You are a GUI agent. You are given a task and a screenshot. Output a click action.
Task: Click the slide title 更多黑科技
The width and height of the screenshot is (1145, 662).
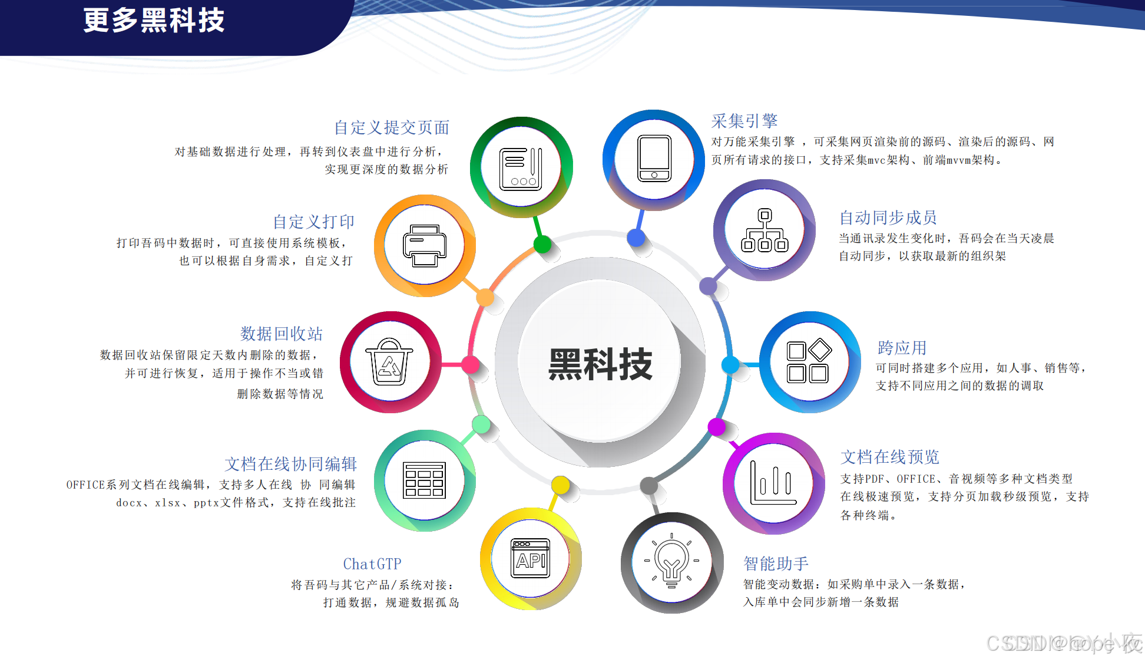pyautogui.click(x=154, y=21)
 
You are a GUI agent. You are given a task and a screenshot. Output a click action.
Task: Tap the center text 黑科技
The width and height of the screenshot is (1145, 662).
pyautogui.click(x=600, y=364)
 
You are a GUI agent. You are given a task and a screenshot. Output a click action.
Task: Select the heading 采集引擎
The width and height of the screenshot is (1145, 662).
pyautogui.click(x=744, y=121)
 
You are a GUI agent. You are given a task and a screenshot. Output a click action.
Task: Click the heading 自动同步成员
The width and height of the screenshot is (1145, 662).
pyautogui.click(x=888, y=218)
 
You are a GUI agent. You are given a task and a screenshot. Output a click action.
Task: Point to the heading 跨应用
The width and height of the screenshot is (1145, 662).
pyautogui.click(x=902, y=348)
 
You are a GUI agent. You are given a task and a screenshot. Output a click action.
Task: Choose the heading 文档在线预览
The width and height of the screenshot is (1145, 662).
pyautogui.click(x=889, y=457)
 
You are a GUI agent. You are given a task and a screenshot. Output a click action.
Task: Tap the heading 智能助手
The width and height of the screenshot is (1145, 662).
pyautogui.click(x=776, y=564)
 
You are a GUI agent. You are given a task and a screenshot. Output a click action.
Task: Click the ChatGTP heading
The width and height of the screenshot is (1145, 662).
pyautogui.click(x=372, y=564)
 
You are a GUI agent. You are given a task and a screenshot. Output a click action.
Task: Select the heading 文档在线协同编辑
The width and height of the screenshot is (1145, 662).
pyautogui.click(x=290, y=464)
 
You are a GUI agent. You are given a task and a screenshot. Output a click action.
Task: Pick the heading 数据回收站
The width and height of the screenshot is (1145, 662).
pyautogui.click(x=282, y=334)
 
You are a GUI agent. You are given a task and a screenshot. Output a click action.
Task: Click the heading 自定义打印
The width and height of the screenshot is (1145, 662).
pyautogui.click(x=313, y=222)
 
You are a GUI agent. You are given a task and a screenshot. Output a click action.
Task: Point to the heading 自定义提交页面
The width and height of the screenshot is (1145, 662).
pyautogui.click(x=392, y=127)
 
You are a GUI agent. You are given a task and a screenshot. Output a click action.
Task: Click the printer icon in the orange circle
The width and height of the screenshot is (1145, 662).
pyautogui.click(x=425, y=245)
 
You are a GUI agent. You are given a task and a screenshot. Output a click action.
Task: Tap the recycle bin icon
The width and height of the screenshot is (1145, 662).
pyautogui.click(x=389, y=361)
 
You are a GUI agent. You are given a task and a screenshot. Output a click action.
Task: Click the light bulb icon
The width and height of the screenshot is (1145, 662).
pyautogui.click(x=671, y=561)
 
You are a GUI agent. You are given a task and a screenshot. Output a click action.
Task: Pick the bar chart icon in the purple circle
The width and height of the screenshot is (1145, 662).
pyautogui.click(x=773, y=483)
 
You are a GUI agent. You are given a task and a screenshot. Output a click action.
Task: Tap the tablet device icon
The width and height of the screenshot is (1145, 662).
pyautogui.click(x=654, y=159)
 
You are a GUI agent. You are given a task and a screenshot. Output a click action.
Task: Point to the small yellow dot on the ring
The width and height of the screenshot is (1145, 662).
pyautogui.click(x=560, y=485)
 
